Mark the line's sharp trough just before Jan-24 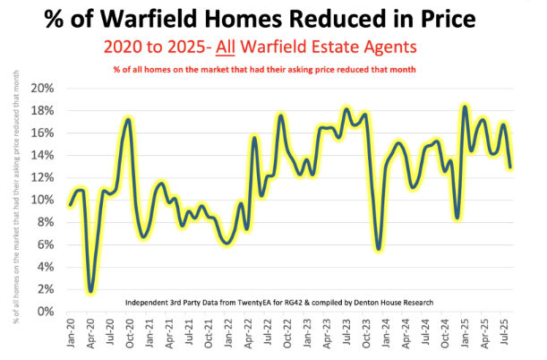click(379, 249)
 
